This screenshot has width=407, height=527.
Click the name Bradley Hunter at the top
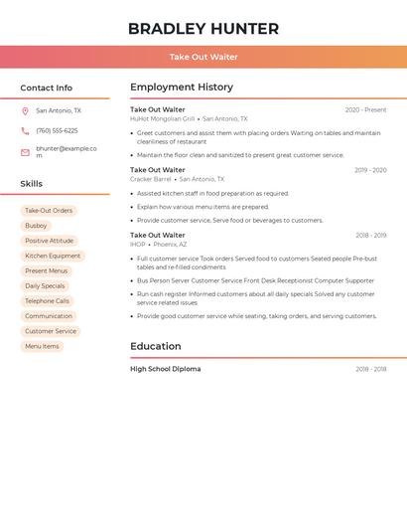203,29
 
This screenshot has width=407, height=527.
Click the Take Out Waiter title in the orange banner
203,58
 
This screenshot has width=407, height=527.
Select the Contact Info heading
47,88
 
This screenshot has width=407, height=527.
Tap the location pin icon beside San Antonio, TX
25,111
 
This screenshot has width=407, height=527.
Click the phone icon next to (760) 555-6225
25,130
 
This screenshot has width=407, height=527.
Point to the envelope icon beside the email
25,152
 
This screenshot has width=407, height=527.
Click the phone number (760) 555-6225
57,130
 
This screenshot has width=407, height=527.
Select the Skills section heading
32,184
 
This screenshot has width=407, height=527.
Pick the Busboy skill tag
36,226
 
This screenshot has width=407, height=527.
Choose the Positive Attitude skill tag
49,241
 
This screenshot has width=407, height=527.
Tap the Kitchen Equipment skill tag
53,256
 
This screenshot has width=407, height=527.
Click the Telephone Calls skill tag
47,301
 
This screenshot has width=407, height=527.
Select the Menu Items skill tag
42,346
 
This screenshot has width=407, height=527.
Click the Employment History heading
182,88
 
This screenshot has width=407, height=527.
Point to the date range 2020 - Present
365,110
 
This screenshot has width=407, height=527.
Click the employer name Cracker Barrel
150,179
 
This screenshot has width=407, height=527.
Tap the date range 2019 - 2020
370,170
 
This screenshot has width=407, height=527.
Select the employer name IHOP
138,245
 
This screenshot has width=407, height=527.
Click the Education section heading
156,347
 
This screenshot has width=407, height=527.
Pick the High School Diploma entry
166,369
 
